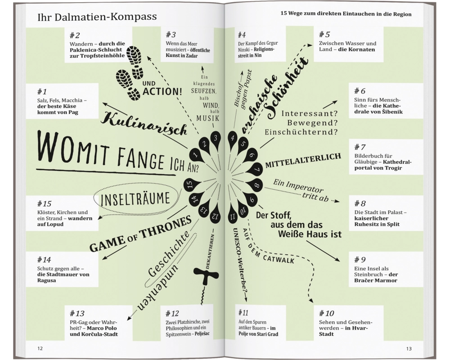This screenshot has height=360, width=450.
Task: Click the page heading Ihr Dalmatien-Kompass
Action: (x=97, y=17)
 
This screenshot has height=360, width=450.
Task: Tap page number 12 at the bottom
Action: (x=40, y=348)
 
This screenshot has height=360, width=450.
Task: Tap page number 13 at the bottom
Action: (x=409, y=349)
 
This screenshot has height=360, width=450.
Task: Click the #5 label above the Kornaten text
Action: (x=324, y=35)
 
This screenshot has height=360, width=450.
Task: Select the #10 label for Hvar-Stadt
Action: (x=327, y=313)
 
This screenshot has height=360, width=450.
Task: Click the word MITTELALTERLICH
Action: (x=303, y=161)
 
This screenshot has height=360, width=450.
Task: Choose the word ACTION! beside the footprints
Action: (x=162, y=92)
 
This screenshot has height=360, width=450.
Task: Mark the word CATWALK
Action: (x=279, y=258)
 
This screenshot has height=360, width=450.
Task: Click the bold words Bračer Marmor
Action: (x=376, y=280)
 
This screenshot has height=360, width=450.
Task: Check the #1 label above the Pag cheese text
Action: (x=42, y=92)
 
